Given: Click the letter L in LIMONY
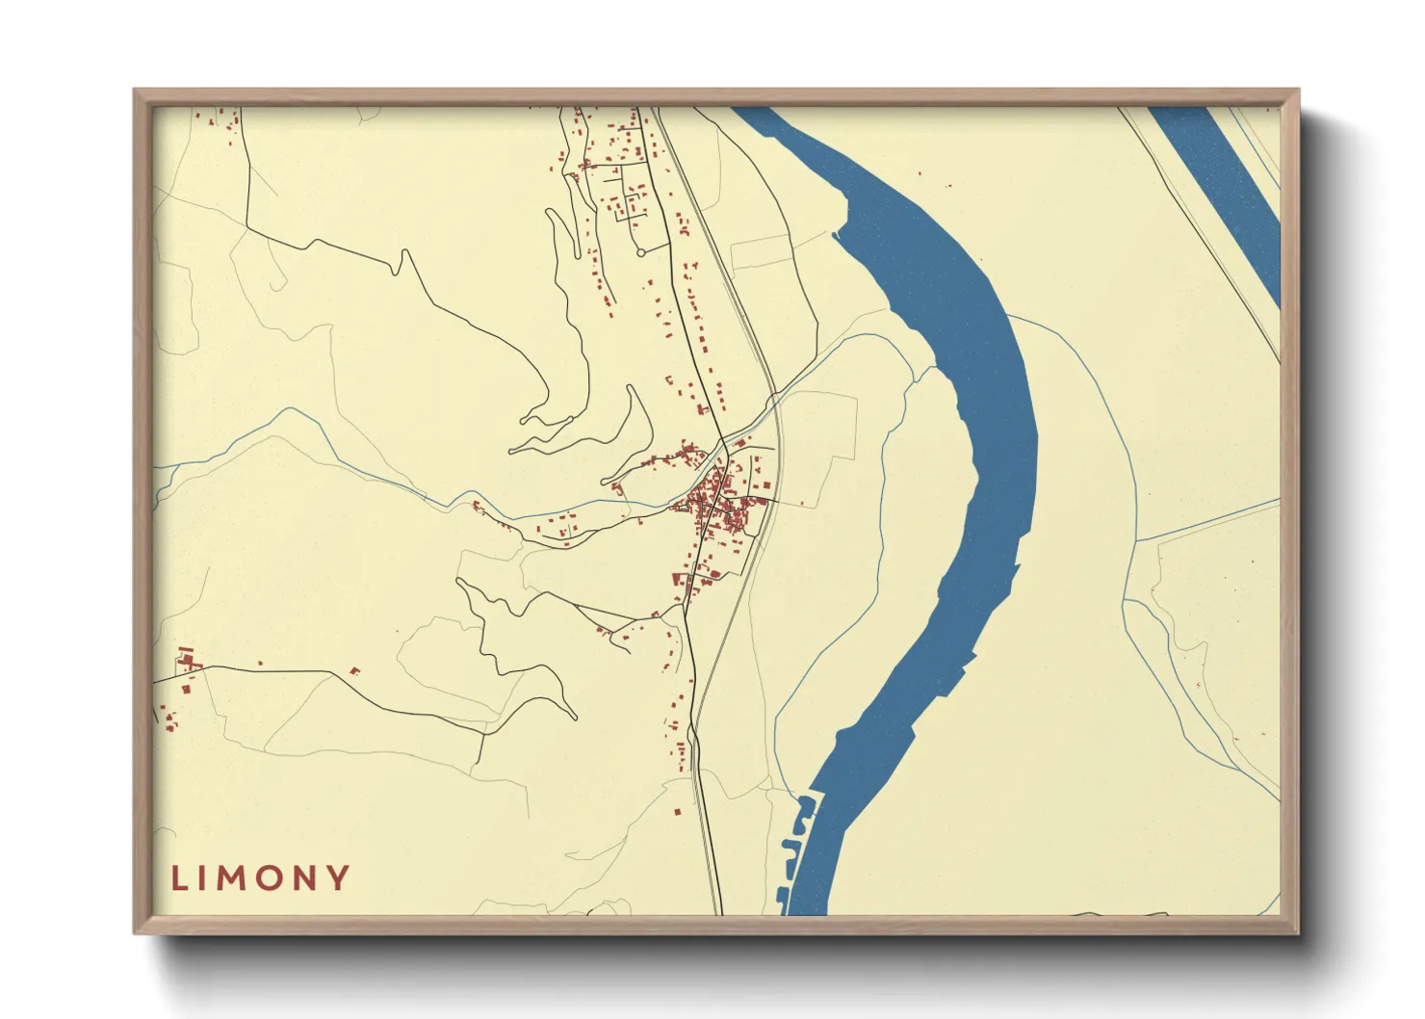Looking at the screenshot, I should point(179,878).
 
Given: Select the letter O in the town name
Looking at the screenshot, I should point(267,878).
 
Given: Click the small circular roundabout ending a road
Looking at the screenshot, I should point(640,252).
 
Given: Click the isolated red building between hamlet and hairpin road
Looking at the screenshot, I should point(354,670).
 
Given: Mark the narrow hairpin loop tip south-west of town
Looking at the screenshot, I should point(574,718).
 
